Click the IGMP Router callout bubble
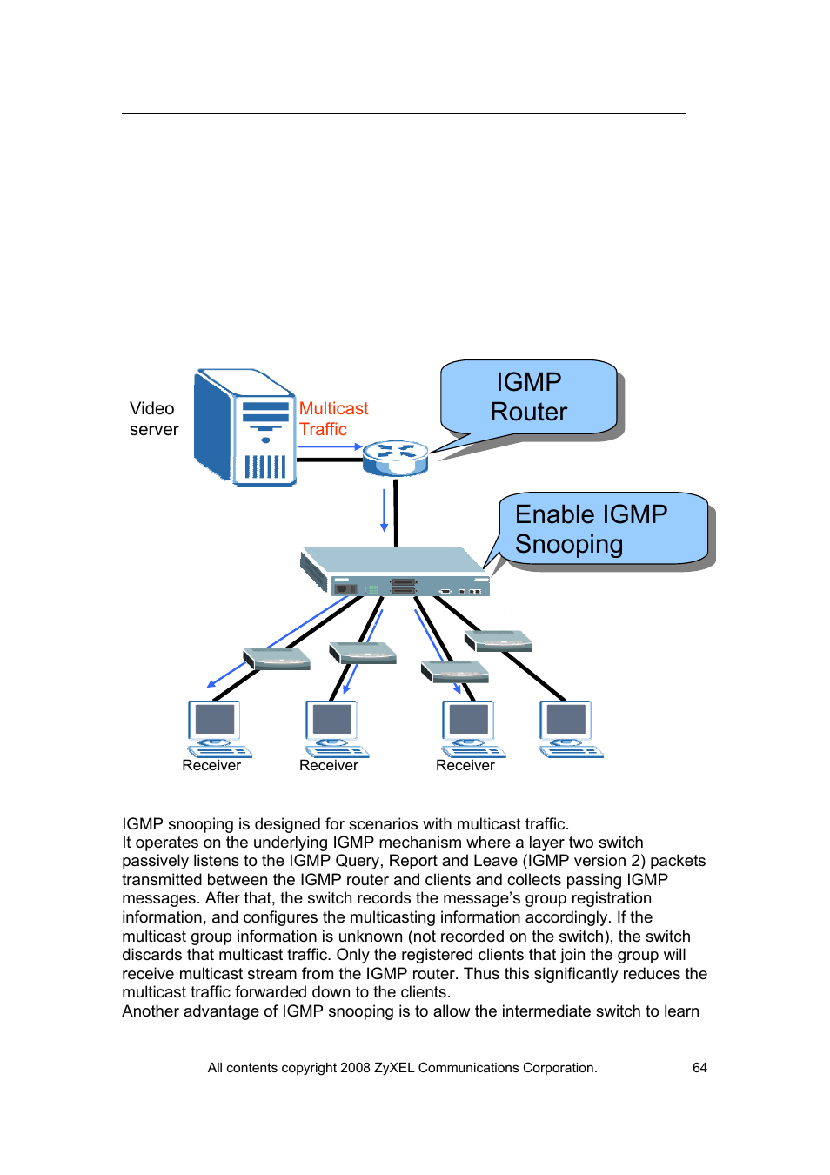click(528, 397)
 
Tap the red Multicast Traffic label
click(333, 419)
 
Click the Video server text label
click(153, 419)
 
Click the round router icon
click(395, 457)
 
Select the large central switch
click(397, 572)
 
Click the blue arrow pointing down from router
click(384, 510)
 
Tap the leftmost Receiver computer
click(216, 728)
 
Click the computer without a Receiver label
click(569, 728)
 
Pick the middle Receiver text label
click(328, 766)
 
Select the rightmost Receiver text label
click(465, 766)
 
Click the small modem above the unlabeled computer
click(499, 642)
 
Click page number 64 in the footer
click(699, 1068)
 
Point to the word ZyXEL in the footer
click(394, 1068)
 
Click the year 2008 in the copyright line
click(355, 1068)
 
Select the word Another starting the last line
click(150, 1011)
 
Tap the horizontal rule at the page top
click(403, 114)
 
